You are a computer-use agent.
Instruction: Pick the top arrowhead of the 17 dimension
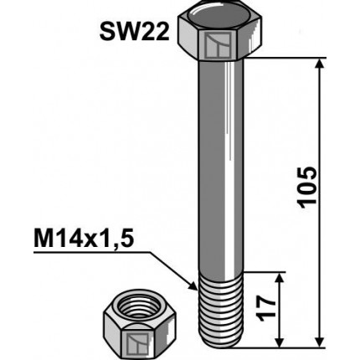point(278,276)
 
